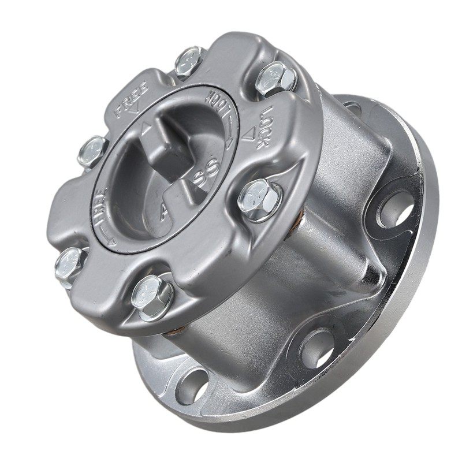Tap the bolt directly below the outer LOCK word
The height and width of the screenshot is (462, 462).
coord(259,198)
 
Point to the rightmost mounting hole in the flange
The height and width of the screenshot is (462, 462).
coord(396,208)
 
